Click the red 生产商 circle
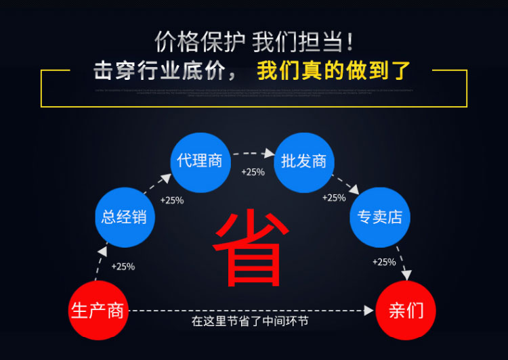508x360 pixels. point(98,311)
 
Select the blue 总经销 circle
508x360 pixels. point(124,217)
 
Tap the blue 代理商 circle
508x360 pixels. point(200,162)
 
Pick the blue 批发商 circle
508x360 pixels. point(304,162)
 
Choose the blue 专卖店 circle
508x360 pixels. point(380,217)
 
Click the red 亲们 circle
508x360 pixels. point(406,311)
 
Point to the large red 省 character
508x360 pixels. point(248,247)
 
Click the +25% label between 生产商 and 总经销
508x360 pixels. point(123,267)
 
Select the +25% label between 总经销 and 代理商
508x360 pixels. point(171,200)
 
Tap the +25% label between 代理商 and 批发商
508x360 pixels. point(253,173)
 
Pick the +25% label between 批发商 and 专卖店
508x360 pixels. point(334,198)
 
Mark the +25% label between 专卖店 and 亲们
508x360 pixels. point(384,262)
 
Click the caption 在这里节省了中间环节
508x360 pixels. point(251,321)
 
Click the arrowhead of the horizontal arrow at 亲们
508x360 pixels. point(369,311)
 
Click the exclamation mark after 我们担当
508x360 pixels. point(350,42)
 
